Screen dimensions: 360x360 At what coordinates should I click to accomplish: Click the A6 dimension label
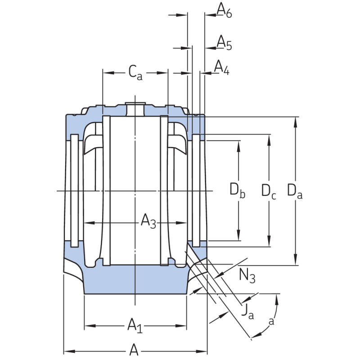[x=224, y=9]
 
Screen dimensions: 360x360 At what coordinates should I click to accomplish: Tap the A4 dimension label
[x=221, y=67]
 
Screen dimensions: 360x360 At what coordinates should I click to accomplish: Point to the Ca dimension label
[x=135, y=72]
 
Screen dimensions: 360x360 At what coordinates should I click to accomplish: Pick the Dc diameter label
[x=269, y=190]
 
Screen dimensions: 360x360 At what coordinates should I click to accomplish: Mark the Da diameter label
[x=295, y=190]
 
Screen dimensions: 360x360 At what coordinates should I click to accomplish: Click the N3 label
[x=247, y=274]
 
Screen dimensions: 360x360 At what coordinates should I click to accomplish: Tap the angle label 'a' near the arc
[x=271, y=321]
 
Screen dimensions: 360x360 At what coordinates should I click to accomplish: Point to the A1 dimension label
[x=135, y=324]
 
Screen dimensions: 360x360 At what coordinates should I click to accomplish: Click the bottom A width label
[x=134, y=349]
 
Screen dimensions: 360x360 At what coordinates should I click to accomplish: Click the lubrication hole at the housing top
[x=135, y=108]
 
